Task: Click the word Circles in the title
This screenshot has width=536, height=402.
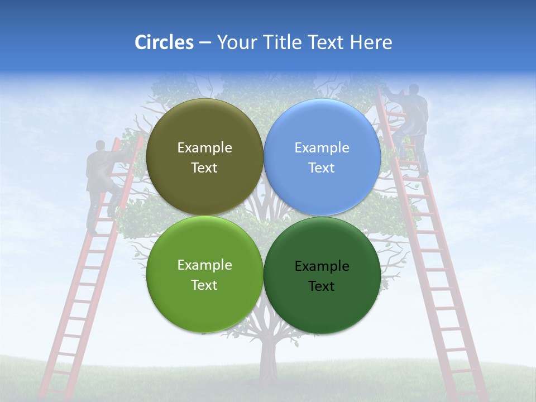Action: (164, 42)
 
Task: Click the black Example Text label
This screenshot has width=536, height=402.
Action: (322, 276)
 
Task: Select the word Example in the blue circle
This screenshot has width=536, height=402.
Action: (322, 148)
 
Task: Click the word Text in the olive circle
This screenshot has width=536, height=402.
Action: (204, 168)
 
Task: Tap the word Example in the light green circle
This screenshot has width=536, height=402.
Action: (204, 265)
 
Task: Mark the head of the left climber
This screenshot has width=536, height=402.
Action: (100, 146)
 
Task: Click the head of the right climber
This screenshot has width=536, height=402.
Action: (413, 89)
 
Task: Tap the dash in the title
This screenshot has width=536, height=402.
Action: (205, 43)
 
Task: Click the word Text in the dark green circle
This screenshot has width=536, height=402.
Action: (322, 286)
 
